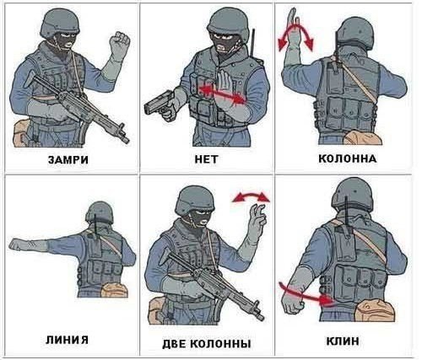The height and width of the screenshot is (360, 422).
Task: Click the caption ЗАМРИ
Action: coord(68,160)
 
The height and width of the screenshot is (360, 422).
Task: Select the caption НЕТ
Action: coord(206,159)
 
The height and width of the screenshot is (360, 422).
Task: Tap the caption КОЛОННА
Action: coord(348,159)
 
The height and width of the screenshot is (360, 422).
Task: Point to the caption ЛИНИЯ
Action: coord(67,340)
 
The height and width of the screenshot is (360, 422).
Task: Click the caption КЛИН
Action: coord(343,341)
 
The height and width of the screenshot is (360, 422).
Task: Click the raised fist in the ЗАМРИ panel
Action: coord(119,43)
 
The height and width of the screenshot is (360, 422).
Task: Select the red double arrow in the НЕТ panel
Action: coord(222,95)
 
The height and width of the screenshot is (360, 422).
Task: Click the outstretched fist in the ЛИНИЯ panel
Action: coord(18,244)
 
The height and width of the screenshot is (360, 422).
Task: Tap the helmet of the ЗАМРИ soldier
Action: coord(60,23)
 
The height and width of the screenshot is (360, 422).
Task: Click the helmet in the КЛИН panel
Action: coord(352,194)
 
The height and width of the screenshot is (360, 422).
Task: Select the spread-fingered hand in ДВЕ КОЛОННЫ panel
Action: coord(257,222)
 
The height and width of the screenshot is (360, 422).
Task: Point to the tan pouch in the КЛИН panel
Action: coord(374,310)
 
